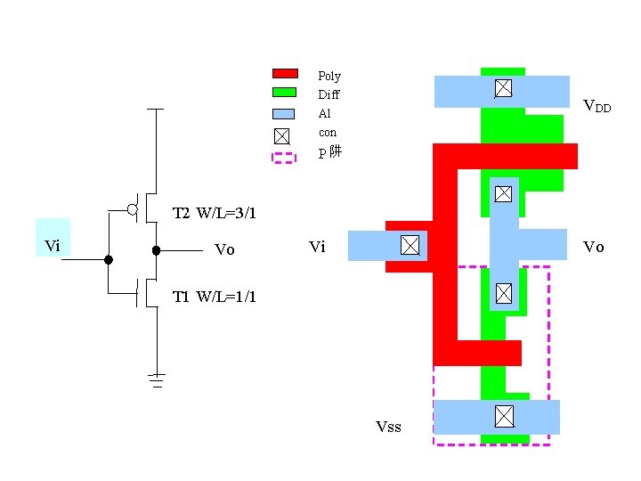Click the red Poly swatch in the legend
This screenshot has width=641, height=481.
click(284, 73)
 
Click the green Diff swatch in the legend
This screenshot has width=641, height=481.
click(284, 92)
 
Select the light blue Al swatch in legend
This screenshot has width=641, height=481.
click(283, 113)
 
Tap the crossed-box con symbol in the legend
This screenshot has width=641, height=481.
click(281, 135)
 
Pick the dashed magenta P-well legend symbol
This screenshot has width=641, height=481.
click(283, 158)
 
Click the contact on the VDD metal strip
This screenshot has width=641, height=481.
click(503, 87)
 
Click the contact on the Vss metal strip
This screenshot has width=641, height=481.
click(504, 416)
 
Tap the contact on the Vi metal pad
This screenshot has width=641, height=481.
click(410, 245)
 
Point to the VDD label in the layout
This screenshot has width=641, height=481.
click(596, 106)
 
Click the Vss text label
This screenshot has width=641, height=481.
click(388, 428)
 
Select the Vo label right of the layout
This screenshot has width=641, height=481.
click(593, 247)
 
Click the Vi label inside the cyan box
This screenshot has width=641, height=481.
click(53, 246)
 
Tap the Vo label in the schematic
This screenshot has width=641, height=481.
click(224, 250)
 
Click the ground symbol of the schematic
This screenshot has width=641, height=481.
click(157, 379)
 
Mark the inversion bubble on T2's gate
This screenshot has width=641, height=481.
click(132, 210)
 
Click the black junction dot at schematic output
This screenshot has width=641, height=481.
click(156, 251)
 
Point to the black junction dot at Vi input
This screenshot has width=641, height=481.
click(109, 260)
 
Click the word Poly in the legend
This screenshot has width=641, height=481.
click(329, 77)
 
